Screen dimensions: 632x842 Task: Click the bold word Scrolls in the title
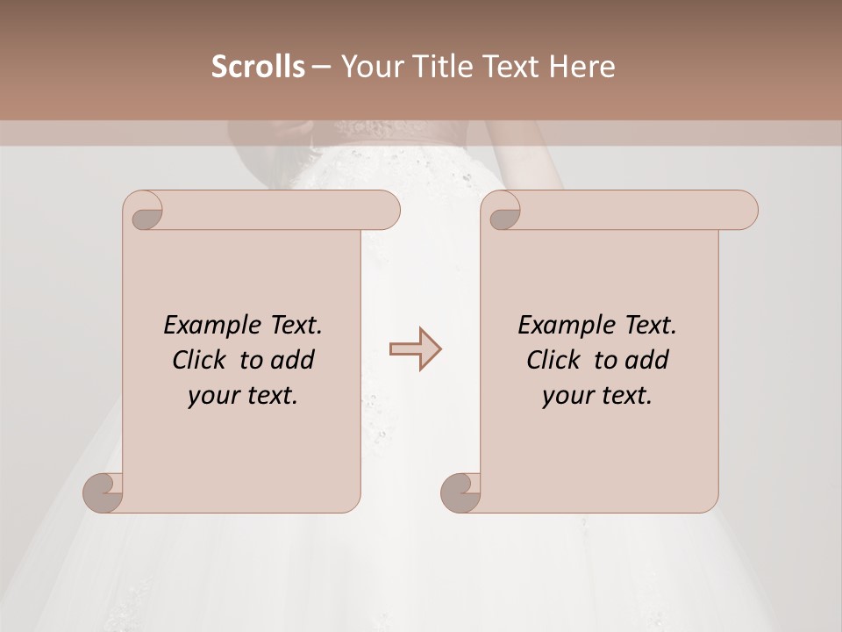tap(259, 67)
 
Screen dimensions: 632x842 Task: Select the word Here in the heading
tap(582, 67)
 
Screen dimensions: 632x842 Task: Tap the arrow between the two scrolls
tap(416, 349)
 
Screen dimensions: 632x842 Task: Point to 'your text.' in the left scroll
tap(243, 395)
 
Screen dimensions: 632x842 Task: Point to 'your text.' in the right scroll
tap(597, 395)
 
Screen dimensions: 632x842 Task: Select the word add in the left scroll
tap(293, 360)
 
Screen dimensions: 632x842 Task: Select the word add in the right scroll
tap(647, 360)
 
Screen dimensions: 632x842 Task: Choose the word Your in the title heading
tap(369, 67)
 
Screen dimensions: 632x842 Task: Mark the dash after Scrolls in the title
tap(322, 67)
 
